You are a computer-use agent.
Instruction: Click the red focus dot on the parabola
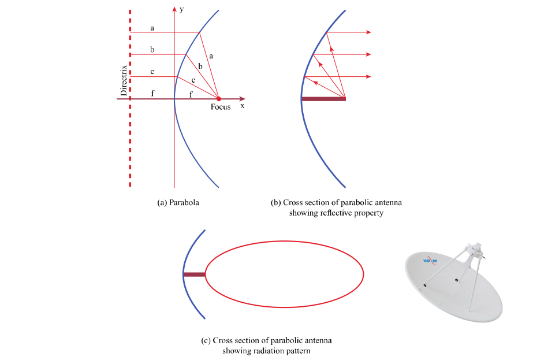[218, 99]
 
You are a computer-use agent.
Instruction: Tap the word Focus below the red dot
[221, 107]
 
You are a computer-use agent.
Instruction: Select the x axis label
[243, 106]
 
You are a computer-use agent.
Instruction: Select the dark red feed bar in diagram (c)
[195, 274]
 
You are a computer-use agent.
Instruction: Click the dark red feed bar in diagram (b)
[323, 99]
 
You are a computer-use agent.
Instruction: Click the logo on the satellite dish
[430, 260]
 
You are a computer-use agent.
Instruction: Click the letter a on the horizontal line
[152, 28]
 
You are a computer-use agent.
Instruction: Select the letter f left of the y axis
[152, 94]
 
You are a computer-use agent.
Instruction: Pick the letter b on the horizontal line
[152, 50]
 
